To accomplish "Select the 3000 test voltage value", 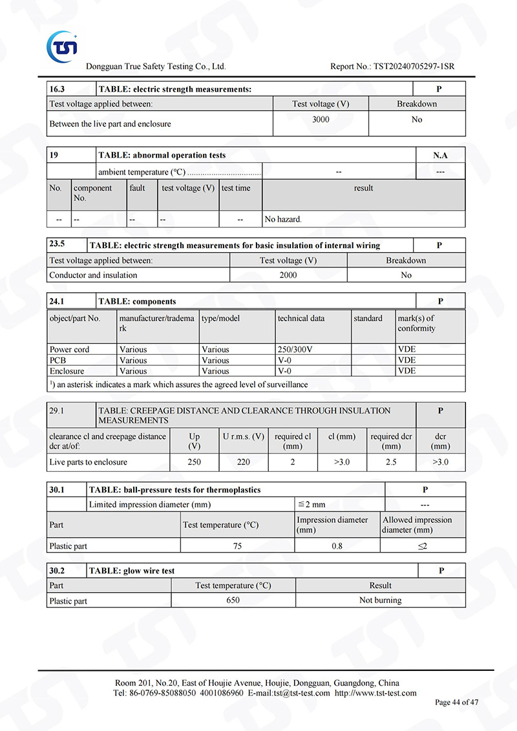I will point(321,120).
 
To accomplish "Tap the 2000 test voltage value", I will point(288,275).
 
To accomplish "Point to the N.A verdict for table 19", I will point(440,155).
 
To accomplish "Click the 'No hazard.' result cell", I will point(283,220).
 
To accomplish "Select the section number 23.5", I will point(58,246).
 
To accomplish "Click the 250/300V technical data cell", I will point(295,350).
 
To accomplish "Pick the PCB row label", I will point(58,361).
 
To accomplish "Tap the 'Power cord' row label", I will point(70,350).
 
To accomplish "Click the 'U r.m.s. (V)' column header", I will point(244,437).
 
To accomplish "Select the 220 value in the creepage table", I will point(244,462).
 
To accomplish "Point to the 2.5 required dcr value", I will point(391,462).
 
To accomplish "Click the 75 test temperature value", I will point(237,546).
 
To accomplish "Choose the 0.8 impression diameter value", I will point(337,546).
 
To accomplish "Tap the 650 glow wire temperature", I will point(233,600).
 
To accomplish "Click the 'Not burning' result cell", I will point(381,600).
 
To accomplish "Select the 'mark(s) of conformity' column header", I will point(417,323).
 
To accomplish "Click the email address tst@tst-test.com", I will point(302,694).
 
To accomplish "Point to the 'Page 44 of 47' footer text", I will point(457,703).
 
